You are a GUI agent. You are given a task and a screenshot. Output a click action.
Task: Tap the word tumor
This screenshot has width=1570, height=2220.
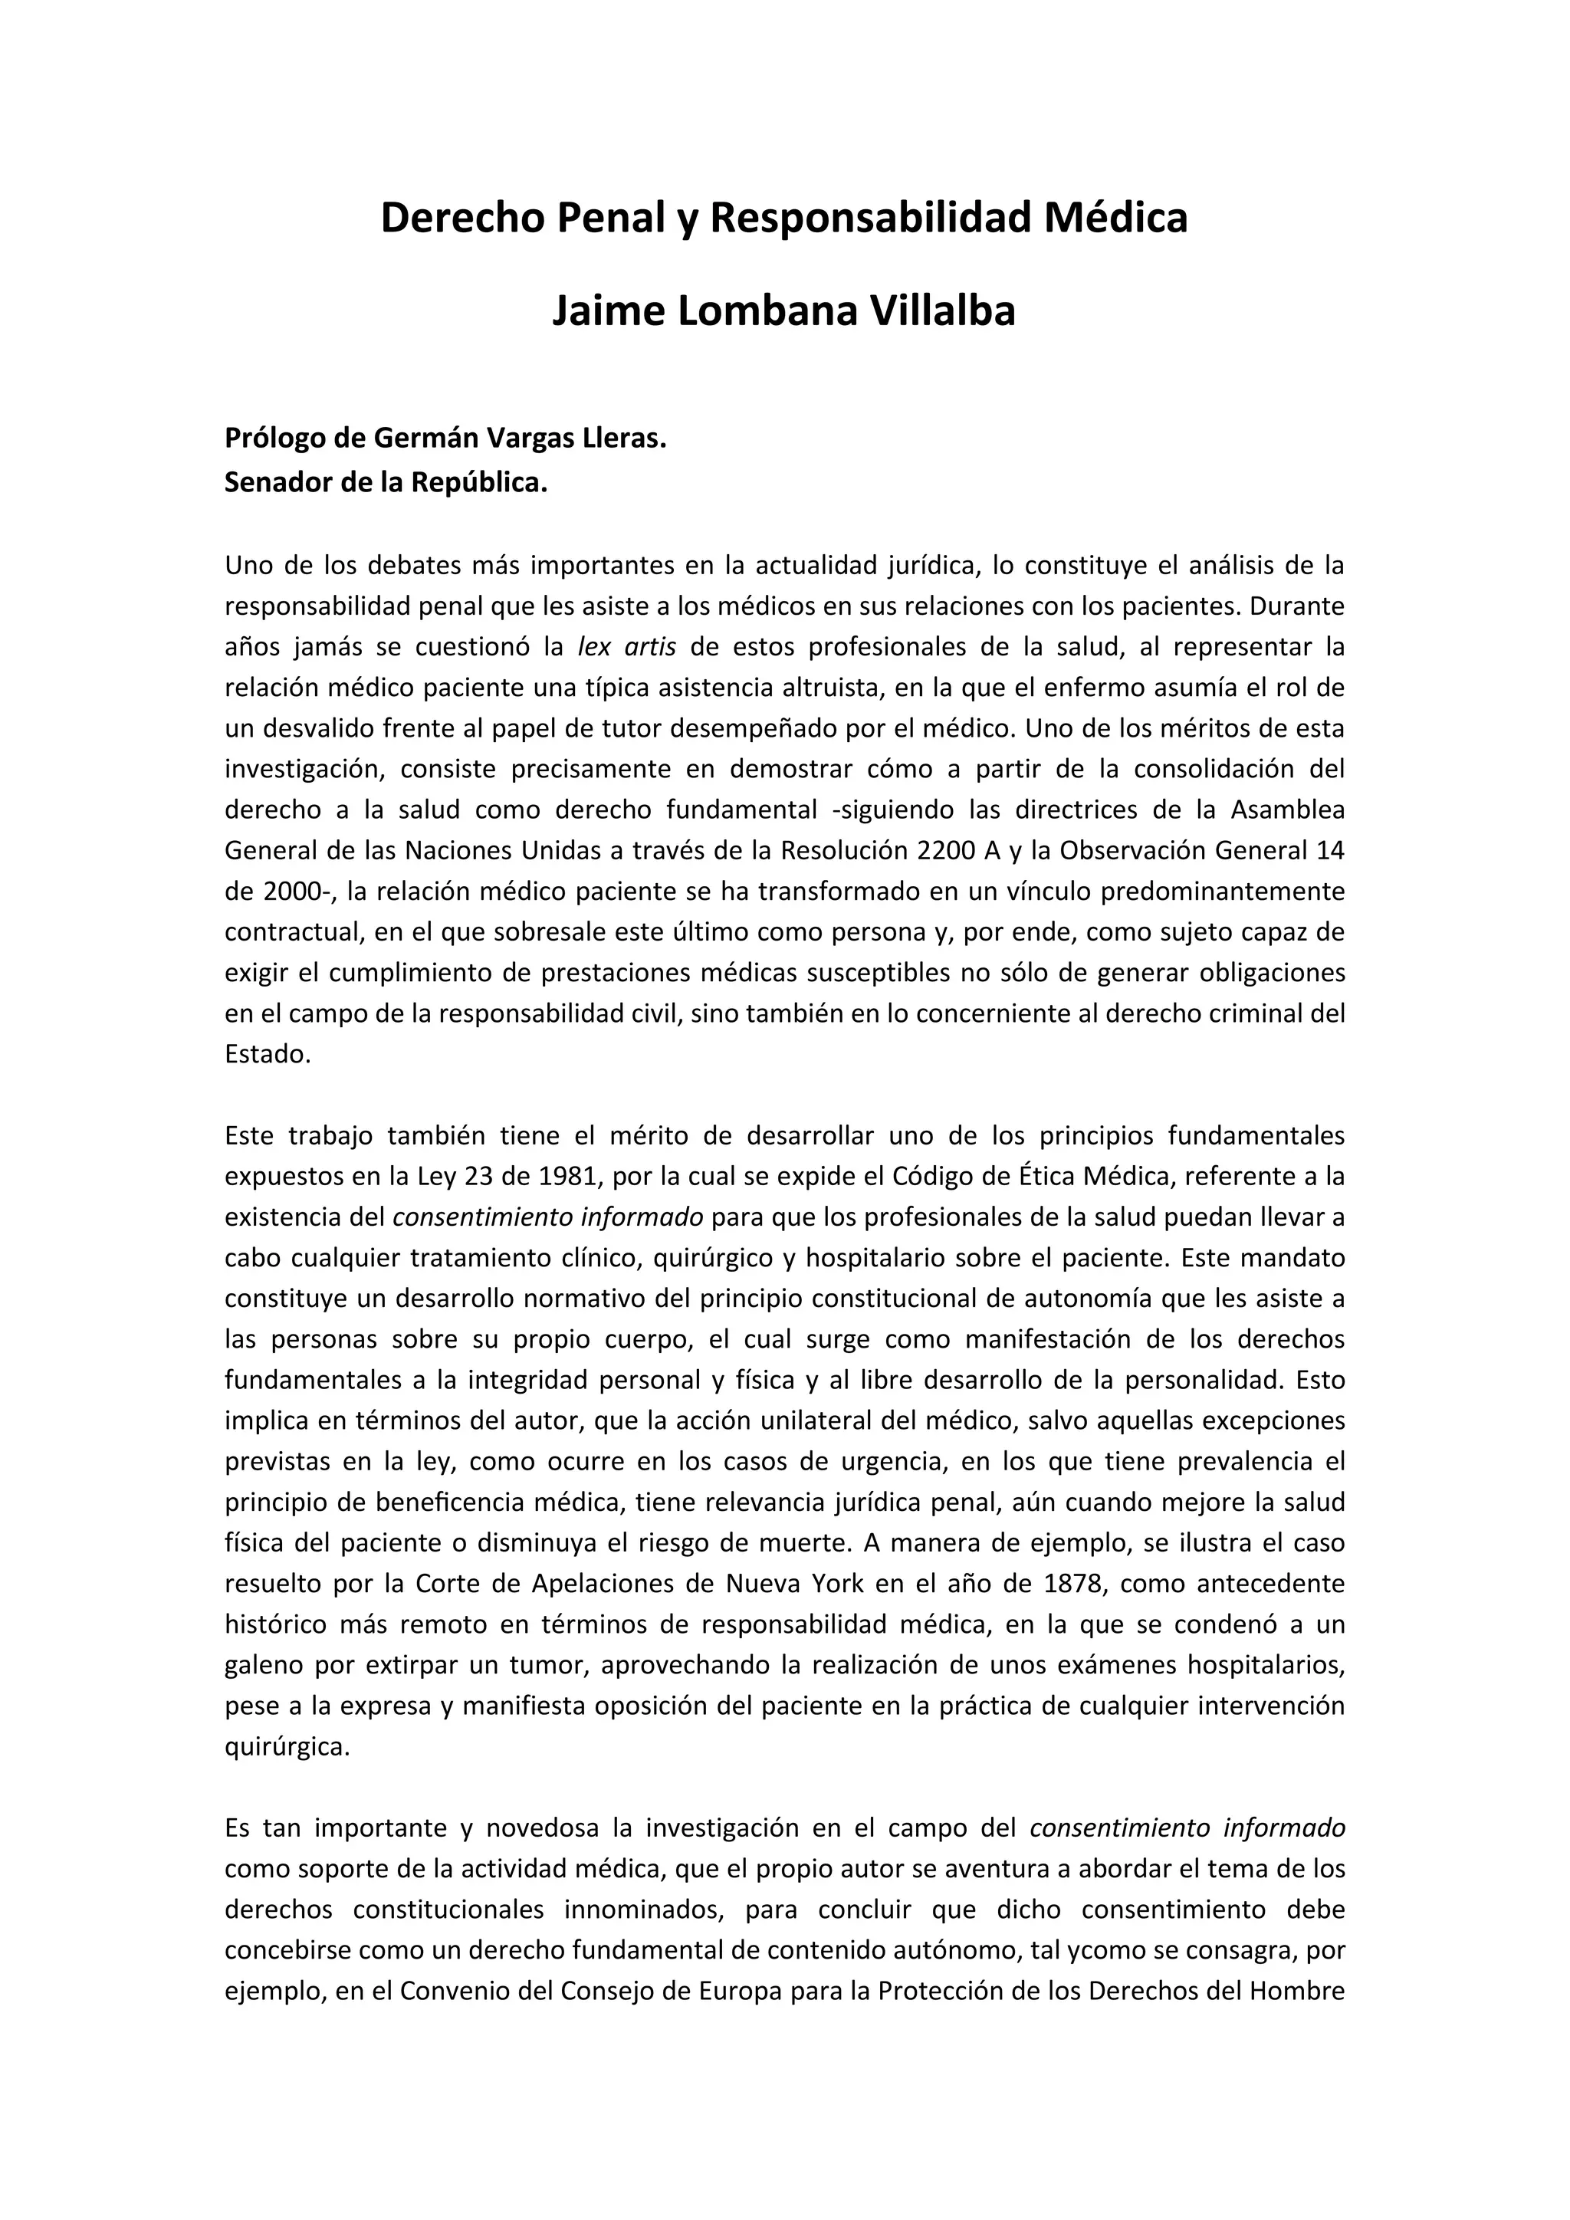(527, 1666)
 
